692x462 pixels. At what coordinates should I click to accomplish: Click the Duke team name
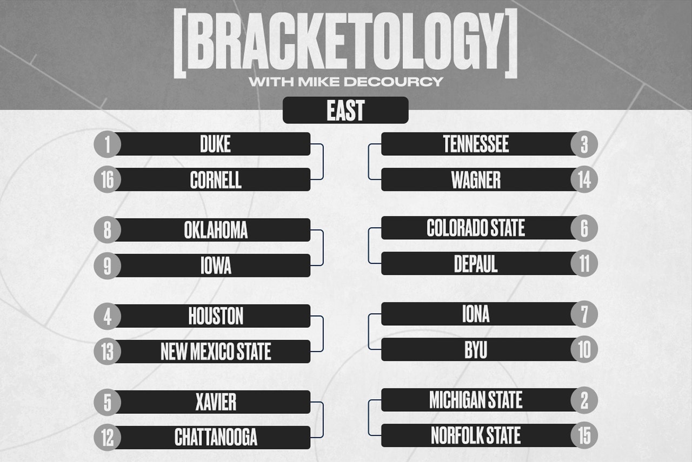(x=215, y=144)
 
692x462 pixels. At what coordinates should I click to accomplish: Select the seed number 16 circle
(x=107, y=180)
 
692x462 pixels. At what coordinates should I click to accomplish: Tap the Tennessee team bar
(x=479, y=144)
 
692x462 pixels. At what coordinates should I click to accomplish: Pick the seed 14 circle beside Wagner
(x=584, y=180)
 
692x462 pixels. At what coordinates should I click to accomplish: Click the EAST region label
(x=345, y=110)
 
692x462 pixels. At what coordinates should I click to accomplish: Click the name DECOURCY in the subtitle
(x=394, y=82)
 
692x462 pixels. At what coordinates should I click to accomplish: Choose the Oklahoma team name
(x=216, y=230)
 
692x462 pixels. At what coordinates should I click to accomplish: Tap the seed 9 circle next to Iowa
(x=107, y=266)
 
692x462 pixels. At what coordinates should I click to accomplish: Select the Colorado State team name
(x=476, y=228)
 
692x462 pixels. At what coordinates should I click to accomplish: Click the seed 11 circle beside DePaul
(x=584, y=263)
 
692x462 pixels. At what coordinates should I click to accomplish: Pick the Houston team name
(x=216, y=316)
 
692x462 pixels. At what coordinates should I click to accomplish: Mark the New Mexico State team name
(x=216, y=352)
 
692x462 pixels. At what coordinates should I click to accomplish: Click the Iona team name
(x=476, y=314)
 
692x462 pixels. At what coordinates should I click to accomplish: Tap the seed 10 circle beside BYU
(x=584, y=349)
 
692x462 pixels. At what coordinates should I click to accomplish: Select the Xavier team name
(x=216, y=402)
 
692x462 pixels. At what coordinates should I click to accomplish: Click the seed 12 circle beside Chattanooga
(x=107, y=438)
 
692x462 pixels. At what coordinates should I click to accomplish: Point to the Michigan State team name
(x=476, y=400)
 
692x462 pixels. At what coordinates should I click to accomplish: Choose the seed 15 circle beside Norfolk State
(x=584, y=435)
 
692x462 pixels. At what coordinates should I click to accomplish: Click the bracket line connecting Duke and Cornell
(x=323, y=162)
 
